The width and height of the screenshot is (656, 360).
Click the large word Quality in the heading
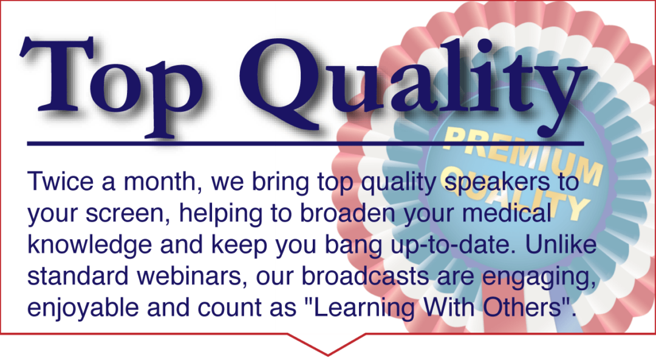412,86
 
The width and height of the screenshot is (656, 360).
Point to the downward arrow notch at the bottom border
327,344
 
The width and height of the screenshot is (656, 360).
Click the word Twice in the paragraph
61,182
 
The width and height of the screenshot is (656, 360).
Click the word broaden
347,213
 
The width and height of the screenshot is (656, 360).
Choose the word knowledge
89,245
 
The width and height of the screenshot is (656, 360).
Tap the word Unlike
561,245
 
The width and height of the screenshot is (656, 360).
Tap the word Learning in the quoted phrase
364,309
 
